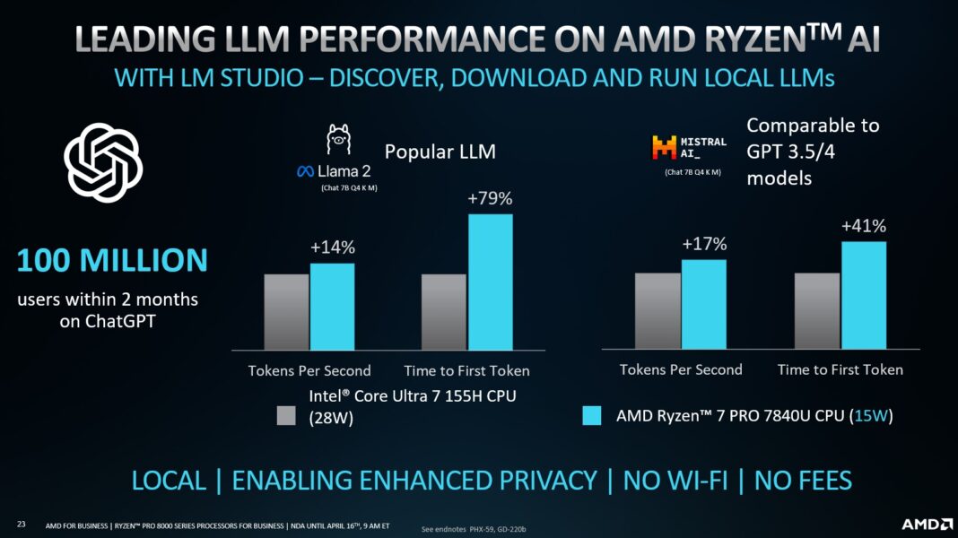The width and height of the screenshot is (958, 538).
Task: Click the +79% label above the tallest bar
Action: click(x=490, y=198)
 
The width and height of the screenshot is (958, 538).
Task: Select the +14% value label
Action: click(x=332, y=247)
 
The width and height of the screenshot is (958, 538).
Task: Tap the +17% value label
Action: click(x=703, y=244)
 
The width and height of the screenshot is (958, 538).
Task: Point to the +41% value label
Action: click(x=863, y=226)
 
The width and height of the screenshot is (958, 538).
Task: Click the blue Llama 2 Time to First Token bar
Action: click(x=490, y=282)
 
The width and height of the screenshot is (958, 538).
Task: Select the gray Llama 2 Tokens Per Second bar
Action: click(x=286, y=311)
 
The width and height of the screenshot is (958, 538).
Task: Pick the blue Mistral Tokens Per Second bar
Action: click(x=703, y=304)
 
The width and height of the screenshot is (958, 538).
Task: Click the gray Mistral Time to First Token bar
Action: click(x=817, y=310)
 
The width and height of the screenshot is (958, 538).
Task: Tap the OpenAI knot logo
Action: click(x=103, y=162)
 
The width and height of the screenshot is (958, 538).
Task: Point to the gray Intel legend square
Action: click(x=286, y=416)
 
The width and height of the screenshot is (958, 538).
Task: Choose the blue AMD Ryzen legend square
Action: click(x=591, y=416)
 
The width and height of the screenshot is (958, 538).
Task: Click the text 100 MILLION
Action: click(x=112, y=261)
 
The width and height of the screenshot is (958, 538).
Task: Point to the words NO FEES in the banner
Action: click(x=802, y=481)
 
